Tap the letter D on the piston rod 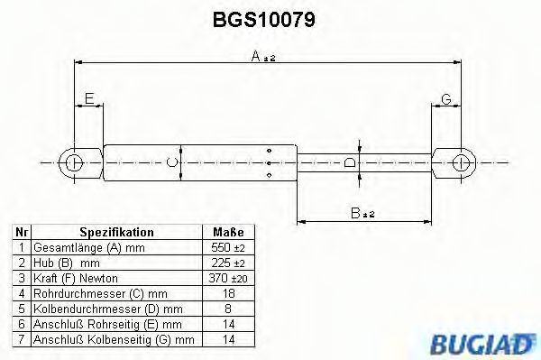point(352,162)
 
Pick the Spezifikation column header point(116,232)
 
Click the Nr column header point(19,232)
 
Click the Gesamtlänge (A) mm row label point(77,247)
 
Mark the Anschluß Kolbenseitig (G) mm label point(114,340)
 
